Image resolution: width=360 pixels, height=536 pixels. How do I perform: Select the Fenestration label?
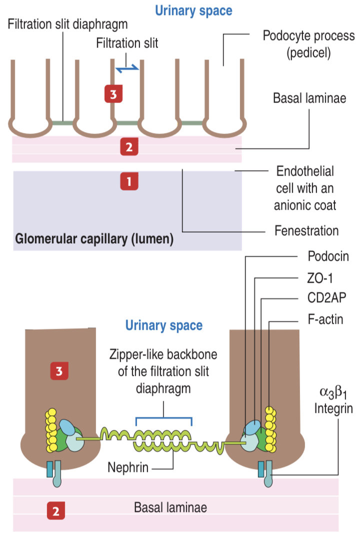(306, 231)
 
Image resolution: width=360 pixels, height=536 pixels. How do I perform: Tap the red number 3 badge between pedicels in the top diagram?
(113, 94)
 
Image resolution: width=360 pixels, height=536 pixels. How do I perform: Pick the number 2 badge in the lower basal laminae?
(55, 510)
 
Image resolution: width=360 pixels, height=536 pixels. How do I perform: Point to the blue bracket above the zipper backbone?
(164, 417)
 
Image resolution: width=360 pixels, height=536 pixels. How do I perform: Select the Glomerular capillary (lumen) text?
(94, 239)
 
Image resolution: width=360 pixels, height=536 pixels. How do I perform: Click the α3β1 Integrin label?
(334, 401)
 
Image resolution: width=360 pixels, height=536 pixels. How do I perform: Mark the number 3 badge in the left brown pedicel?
(59, 371)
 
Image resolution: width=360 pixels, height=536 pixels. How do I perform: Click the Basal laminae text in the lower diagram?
(170, 507)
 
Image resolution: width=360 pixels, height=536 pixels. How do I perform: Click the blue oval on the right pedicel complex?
(252, 427)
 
